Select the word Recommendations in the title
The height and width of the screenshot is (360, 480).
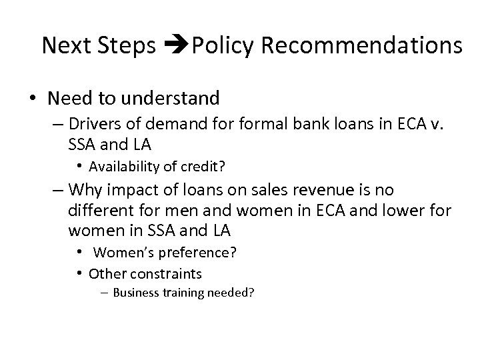[x=362, y=45]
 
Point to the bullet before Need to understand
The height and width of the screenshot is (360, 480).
[x=32, y=99]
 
